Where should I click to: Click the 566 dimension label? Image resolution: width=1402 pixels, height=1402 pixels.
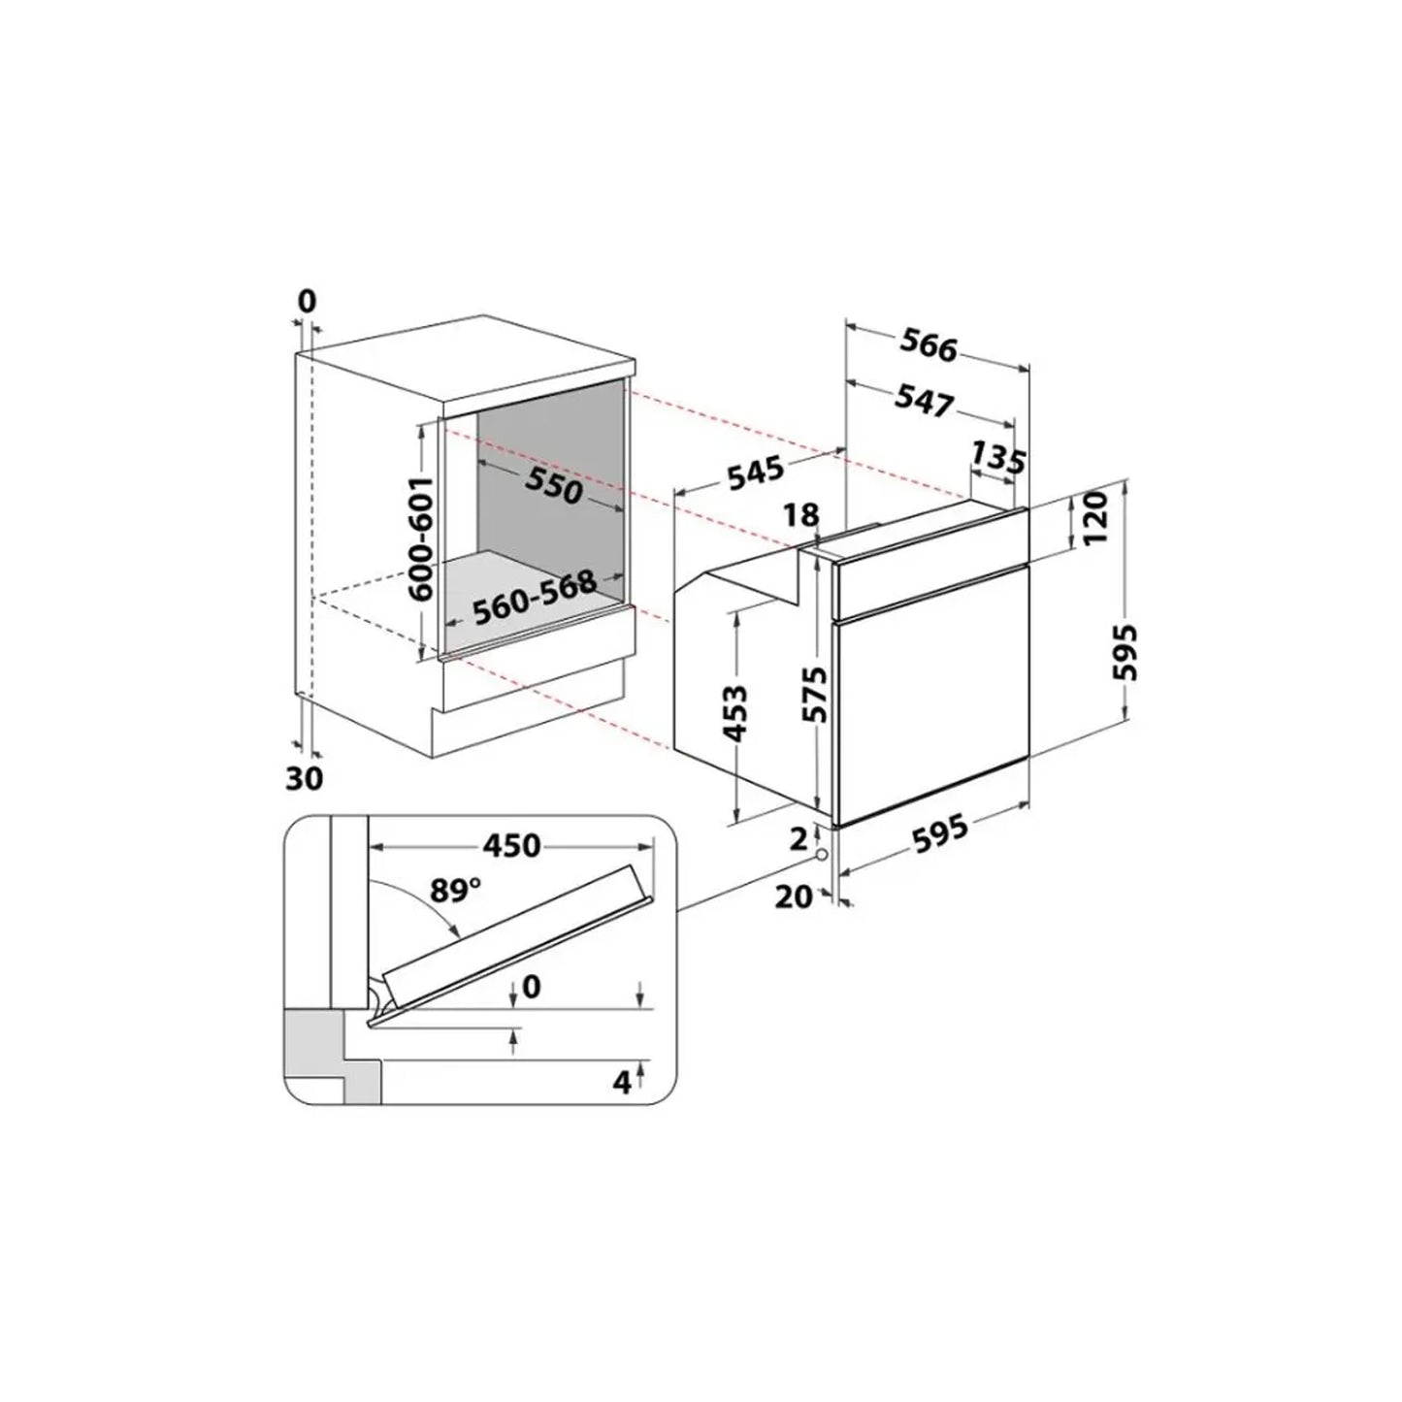point(929,344)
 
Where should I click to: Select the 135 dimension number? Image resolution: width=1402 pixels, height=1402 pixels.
point(999,458)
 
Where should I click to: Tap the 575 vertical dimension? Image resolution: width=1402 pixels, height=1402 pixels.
point(816,694)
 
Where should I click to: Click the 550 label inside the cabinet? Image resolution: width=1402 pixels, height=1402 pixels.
point(554,485)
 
